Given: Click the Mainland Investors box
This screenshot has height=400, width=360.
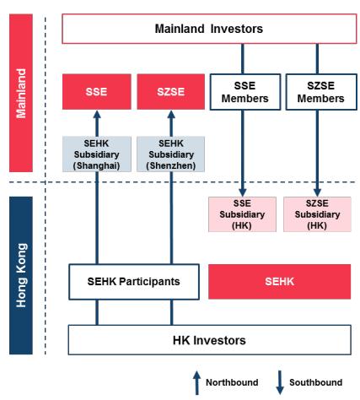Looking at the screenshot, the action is (x=209, y=29).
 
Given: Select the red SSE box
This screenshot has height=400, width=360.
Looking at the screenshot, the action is (x=97, y=92).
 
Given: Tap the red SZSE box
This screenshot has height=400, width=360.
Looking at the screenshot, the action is (x=171, y=92).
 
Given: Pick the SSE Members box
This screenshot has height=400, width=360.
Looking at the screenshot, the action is (x=245, y=92).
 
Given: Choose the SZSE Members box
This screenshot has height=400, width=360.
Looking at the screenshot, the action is (x=321, y=92).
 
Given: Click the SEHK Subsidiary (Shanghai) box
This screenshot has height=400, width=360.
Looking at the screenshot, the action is (x=97, y=154).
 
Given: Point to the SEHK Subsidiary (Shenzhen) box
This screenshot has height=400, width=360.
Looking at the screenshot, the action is (x=171, y=154).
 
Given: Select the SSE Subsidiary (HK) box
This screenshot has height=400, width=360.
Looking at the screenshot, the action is (x=242, y=214).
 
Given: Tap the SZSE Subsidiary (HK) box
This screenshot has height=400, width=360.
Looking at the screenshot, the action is (x=317, y=214).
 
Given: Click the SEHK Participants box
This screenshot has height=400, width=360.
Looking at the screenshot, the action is (x=134, y=282).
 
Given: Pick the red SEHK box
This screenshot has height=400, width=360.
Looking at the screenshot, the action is (x=280, y=282).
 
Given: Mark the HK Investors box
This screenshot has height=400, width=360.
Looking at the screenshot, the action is (x=210, y=340).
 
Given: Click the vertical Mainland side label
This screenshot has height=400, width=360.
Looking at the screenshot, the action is (x=21, y=93).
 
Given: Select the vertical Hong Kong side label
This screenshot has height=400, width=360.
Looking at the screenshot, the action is (x=21, y=275).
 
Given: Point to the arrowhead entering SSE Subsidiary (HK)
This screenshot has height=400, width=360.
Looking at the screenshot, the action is (x=243, y=192).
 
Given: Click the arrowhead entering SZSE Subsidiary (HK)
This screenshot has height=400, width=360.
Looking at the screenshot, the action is (x=318, y=192).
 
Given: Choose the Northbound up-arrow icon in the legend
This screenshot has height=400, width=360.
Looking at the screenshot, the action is (x=196, y=382).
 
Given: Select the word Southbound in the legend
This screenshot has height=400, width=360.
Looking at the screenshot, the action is (x=316, y=382).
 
